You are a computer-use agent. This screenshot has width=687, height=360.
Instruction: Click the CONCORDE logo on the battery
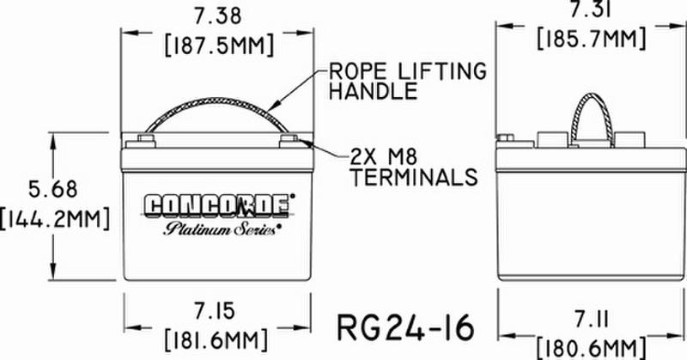coord(217,207)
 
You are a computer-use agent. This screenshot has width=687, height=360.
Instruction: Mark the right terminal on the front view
coord(288,139)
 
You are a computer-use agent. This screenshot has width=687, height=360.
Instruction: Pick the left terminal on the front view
coord(143,139)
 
